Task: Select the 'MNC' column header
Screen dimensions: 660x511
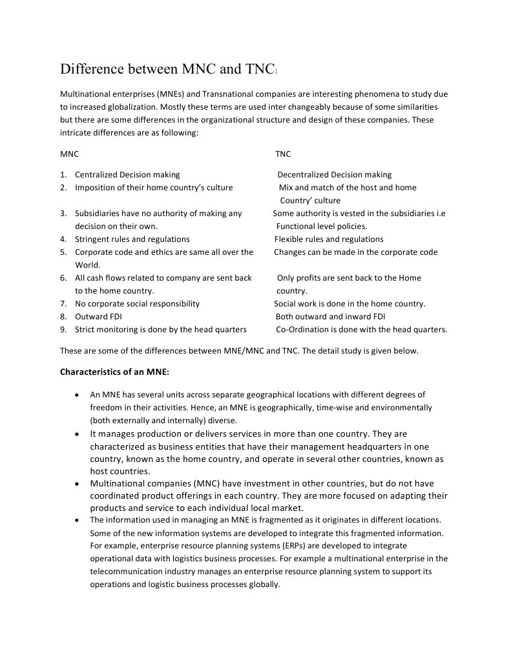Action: [x=69, y=154]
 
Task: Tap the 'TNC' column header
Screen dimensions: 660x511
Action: [x=283, y=154]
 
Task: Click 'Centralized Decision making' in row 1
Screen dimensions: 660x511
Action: [x=127, y=175]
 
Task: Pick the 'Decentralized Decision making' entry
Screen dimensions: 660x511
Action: [x=334, y=175]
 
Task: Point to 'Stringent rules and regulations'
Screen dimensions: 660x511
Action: [x=132, y=239]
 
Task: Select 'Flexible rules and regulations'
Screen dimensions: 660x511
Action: [x=329, y=239]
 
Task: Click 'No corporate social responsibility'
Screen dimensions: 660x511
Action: [x=137, y=304]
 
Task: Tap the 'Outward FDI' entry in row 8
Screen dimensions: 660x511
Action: [x=98, y=317]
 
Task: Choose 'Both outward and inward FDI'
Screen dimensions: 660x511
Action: [x=330, y=317]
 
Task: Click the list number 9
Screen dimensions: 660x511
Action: [x=63, y=330]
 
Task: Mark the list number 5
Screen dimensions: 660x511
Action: [x=63, y=252]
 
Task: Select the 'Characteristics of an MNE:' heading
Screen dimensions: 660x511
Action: [x=114, y=372]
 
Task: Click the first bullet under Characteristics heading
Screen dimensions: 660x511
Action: [x=78, y=395]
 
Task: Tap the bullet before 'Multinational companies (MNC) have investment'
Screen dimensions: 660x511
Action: [x=78, y=484]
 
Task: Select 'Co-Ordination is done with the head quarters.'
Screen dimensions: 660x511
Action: [x=361, y=330]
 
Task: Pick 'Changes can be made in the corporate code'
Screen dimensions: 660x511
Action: [x=355, y=252]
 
